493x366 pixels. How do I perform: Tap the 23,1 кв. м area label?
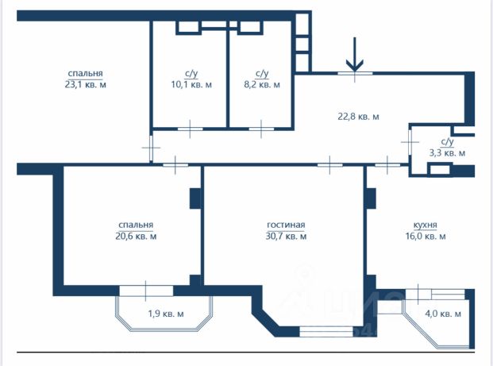(85, 85)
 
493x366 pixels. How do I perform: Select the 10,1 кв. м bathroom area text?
(191, 84)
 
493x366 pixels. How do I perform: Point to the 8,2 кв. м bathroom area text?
(262, 84)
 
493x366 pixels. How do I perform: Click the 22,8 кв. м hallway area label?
(358, 117)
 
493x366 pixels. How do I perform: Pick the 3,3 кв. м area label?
(447, 153)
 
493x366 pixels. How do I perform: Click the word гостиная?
(286, 225)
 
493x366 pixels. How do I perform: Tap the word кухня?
(425, 225)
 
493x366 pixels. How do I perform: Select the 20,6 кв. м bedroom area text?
(136, 236)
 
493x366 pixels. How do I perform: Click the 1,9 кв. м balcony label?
(166, 314)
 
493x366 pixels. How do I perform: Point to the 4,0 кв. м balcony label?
(443, 314)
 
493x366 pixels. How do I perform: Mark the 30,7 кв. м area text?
(286, 236)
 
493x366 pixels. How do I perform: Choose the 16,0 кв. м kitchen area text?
(426, 236)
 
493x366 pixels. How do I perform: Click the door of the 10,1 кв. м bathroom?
(191, 129)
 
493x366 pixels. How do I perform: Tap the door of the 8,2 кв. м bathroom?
(261, 129)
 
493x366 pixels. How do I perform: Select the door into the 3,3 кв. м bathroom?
(410, 142)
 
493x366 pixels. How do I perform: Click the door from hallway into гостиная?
(329, 165)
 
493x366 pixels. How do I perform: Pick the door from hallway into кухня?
(387, 165)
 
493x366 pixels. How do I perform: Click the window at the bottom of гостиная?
(326, 332)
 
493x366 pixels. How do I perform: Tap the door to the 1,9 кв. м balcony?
(146, 291)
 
